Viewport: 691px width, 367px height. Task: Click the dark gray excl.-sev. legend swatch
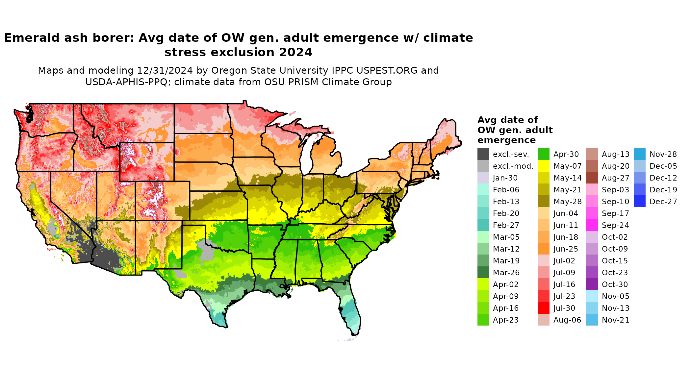[483, 154]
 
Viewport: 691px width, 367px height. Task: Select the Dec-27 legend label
[663, 202]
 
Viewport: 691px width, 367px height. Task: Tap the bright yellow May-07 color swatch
[543, 166]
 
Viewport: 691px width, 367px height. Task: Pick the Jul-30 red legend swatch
[543, 308]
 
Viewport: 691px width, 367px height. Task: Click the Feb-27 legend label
[506, 225]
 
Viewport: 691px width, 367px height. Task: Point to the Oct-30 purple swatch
[592, 284]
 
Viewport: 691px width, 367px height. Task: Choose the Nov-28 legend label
[663, 154]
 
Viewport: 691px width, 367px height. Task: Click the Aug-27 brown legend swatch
[592, 178]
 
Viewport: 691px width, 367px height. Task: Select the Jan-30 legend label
[505, 178]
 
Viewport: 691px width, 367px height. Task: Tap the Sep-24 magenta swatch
[592, 225]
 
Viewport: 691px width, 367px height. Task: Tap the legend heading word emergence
[506, 140]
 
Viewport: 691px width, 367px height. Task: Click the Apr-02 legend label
[505, 284]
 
